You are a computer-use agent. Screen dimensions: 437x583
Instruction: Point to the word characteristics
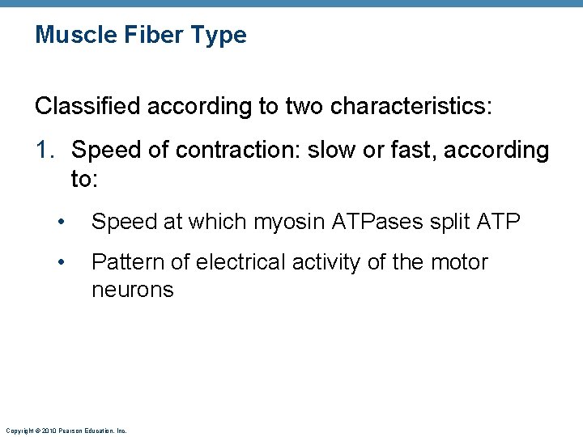[x=410, y=107]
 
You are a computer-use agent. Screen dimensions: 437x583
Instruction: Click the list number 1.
[x=44, y=151]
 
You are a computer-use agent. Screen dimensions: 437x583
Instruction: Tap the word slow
[x=331, y=151]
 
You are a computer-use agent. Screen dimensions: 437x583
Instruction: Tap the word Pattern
[x=128, y=262]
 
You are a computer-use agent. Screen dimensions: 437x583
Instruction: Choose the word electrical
[x=244, y=262]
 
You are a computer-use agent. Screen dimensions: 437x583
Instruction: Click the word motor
[x=459, y=262]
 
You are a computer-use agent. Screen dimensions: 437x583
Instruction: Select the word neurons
[x=132, y=290]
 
